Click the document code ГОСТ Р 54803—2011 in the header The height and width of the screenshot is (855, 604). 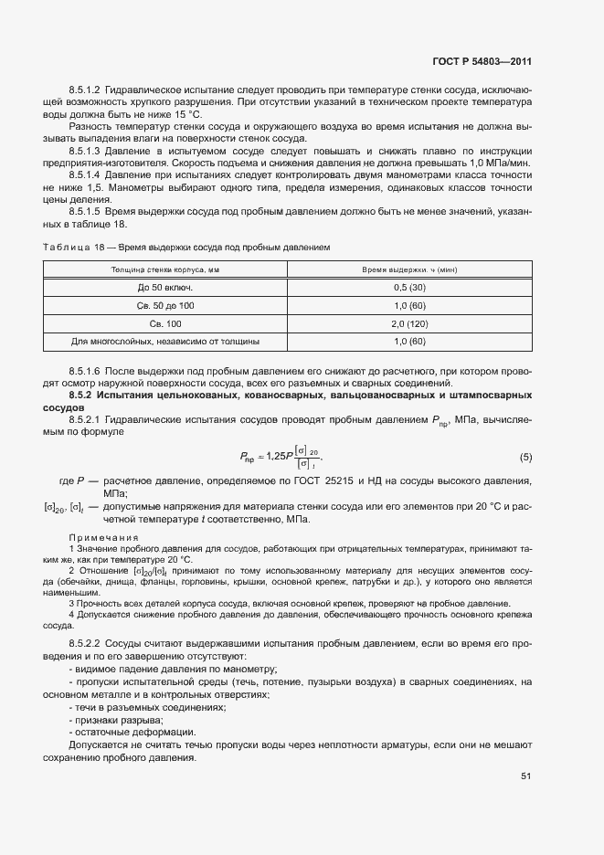[482, 62]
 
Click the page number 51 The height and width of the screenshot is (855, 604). [526, 776]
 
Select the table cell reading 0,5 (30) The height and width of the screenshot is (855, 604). [409, 288]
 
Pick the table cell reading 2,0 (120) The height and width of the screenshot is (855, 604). [409, 323]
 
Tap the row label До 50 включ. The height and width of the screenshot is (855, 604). [165, 288]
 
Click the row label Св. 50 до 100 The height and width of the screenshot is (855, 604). [165, 306]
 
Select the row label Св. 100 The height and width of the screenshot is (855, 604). [165, 323]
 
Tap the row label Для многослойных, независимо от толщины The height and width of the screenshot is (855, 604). [165, 342]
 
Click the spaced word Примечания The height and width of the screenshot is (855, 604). [103, 537]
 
